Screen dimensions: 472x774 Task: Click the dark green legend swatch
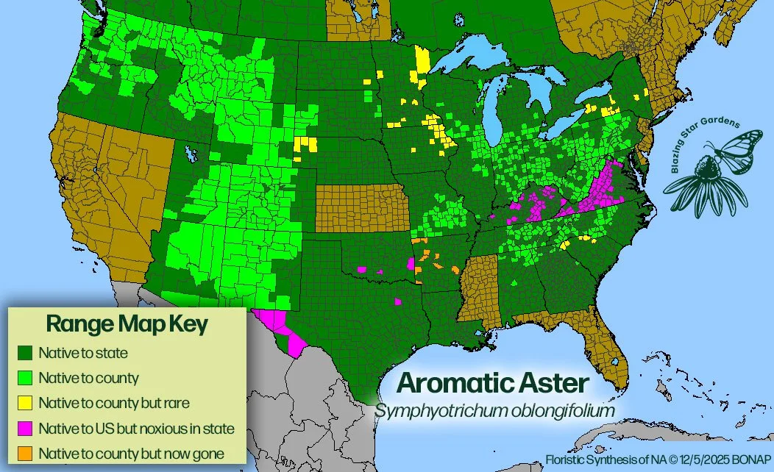click(24, 354)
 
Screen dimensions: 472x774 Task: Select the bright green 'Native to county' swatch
click(24, 379)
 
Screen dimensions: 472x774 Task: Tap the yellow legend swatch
click(24, 403)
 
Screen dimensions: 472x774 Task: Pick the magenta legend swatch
click(24, 429)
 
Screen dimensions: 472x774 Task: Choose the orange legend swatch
click(24, 454)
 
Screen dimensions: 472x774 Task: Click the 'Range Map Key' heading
click(127, 323)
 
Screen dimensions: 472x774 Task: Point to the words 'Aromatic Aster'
click(493, 383)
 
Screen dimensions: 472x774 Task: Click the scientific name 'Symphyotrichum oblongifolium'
click(494, 410)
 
